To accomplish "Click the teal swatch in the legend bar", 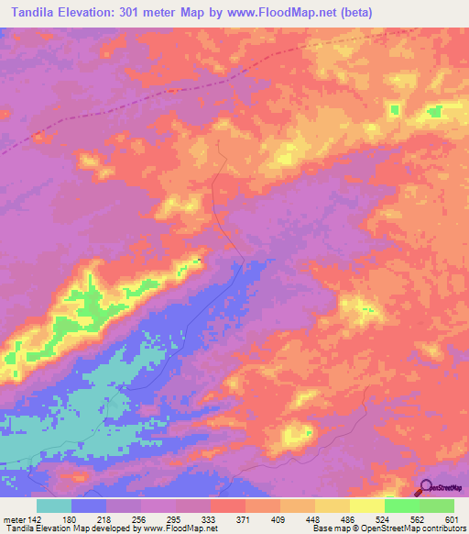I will pyautogui.click(x=54, y=506).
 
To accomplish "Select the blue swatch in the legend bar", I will pyautogui.click(x=89, y=506).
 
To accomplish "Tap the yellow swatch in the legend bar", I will pyautogui.click(x=367, y=506).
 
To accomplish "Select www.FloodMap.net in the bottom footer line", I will pyautogui.click(x=186, y=528).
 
